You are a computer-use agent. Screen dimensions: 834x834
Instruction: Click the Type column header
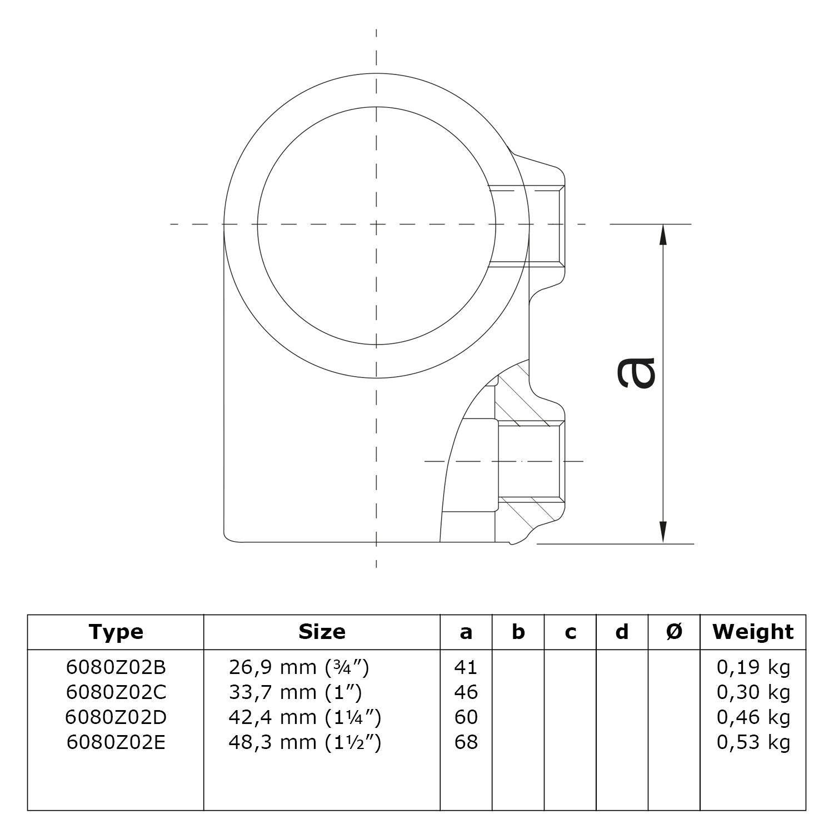116,632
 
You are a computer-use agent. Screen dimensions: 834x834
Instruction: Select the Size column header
322,632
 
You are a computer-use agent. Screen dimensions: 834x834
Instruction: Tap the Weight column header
753,632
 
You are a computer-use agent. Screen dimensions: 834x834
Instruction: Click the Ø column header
673,632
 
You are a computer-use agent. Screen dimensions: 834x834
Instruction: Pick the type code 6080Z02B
116,667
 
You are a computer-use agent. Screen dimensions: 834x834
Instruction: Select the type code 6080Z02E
116,742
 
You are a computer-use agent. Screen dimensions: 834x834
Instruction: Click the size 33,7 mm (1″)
295,692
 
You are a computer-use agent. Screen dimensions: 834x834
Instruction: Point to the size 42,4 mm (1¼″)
304,717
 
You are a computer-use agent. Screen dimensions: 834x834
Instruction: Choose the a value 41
466,667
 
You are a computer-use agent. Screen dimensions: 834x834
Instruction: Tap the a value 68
466,742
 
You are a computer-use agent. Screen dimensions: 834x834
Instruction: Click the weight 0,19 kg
753,667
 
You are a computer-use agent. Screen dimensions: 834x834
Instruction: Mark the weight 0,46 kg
753,717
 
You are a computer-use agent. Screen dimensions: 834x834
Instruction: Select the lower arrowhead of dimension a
662,532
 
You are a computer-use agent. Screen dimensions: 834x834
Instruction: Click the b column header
518,632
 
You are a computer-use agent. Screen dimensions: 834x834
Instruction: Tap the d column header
622,632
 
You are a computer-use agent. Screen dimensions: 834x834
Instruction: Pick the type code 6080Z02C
116,692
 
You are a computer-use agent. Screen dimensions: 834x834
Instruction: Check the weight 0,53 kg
753,742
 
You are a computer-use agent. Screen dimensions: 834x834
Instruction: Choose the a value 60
466,717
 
